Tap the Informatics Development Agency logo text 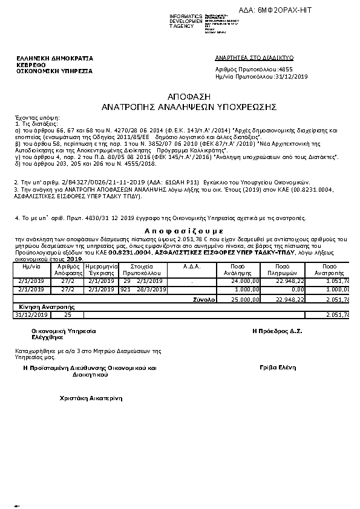click(x=186, y=21)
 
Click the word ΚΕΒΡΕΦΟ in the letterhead click(x=30, y=64)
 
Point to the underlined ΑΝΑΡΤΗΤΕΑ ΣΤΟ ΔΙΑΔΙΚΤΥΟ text click(x=254, y=57)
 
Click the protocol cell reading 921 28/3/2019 click(x=143, y=290)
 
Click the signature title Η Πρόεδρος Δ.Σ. click(x=277, y=331)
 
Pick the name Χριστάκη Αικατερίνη click(x=91, y=398)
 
